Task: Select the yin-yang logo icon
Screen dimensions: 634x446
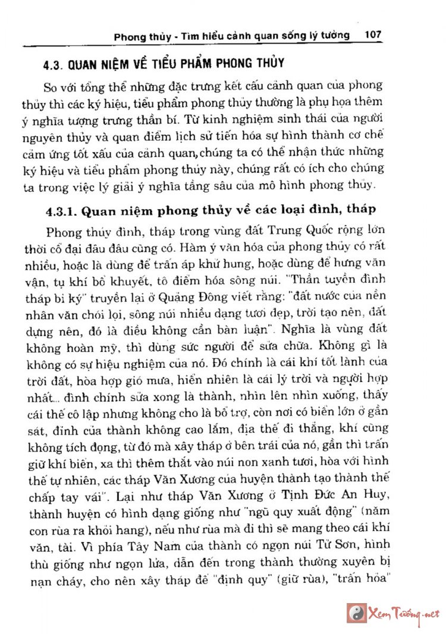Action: pyautogui.click(x=356, y=613)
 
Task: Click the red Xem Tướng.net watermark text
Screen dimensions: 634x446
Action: pyautogui.click(x=404, y=613)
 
